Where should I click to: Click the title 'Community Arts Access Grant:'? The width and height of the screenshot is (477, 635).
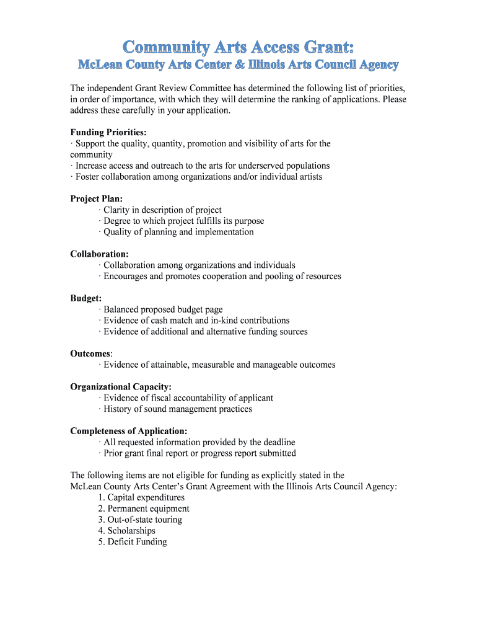[239, 47]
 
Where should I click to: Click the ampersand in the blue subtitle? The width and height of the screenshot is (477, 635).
[258, 65]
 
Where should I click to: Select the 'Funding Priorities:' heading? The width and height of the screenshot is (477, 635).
[108, 132]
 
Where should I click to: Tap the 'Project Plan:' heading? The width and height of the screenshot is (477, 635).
[97, 198]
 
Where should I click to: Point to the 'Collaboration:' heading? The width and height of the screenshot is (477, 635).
[100, 254]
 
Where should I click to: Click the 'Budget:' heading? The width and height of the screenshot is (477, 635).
[86, 298]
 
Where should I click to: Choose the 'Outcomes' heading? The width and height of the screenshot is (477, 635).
[90, 353]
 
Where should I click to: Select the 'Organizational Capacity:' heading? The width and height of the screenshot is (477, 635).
[121, 387]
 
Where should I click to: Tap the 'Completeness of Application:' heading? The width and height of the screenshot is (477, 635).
[129, 431]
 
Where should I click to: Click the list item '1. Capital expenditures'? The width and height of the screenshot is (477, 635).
[141, 497]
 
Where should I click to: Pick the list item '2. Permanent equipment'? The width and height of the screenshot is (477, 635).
[144, 508]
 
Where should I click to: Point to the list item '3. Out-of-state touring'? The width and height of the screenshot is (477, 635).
[140, 520]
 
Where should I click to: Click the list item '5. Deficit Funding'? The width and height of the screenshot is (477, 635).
[133, 542]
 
